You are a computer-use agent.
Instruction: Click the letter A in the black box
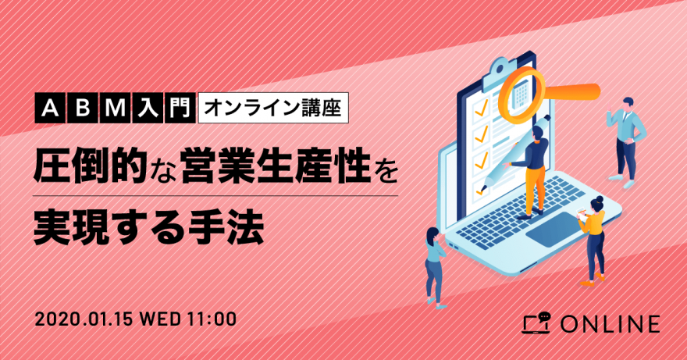click(51, 109)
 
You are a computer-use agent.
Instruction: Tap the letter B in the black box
click(83, 109)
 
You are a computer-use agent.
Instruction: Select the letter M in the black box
click(116, 109)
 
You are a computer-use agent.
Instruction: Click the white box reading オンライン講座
click(273, 108)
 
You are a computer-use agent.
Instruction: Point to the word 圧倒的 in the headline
click(91, 166)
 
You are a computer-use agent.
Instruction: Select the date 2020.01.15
click(84, 319)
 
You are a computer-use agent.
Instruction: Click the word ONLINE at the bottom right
click(610, 325)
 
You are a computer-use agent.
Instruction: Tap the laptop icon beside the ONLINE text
click(536, 323)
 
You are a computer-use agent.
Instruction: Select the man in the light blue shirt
click(626, 141)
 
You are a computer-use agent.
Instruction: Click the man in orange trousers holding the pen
click(531, 172)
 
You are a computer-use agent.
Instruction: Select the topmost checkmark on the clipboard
click(481, 106)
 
